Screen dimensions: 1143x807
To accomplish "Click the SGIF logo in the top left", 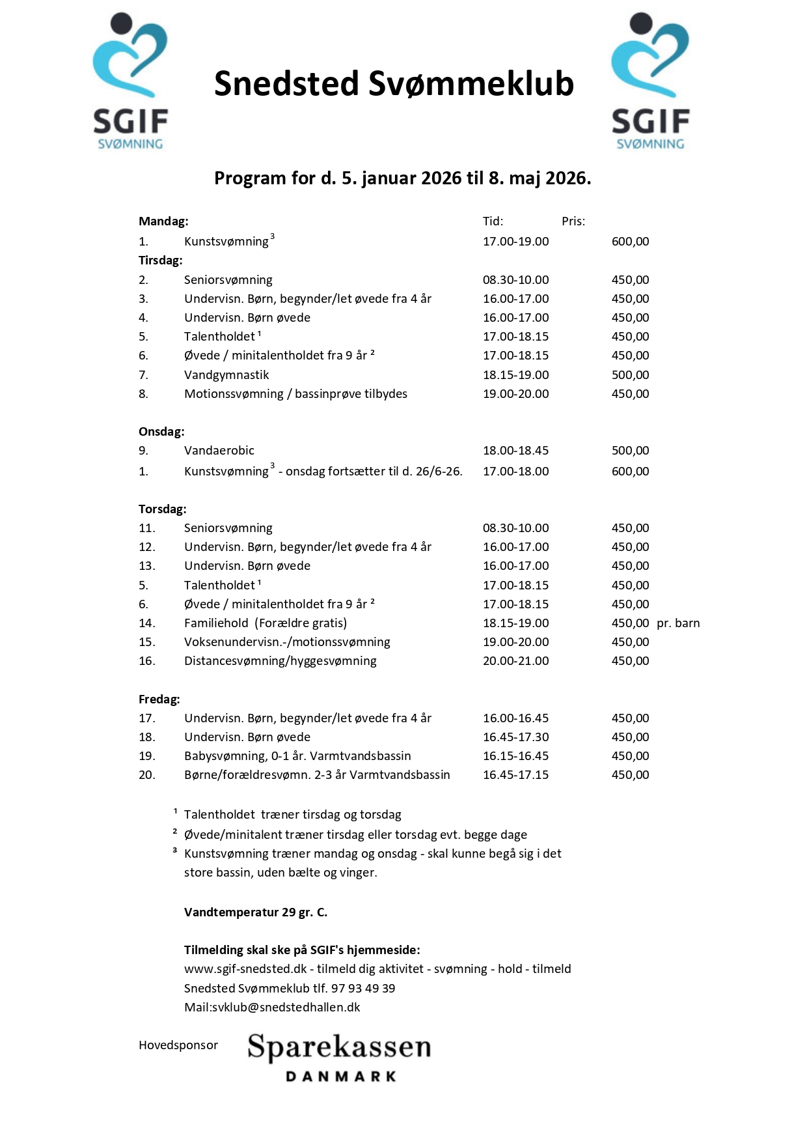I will [130, 81].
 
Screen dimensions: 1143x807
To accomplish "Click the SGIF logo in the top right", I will [650, 81].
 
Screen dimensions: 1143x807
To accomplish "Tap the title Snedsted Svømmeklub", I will [394, 84].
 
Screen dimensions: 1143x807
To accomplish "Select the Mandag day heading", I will [163, 221].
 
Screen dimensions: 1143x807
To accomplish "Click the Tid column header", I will [493, 221].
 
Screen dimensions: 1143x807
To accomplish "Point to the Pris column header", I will [573, 221].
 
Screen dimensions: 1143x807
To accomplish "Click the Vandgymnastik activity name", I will [226, 375].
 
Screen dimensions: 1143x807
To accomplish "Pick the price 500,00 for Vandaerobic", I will [630, 451].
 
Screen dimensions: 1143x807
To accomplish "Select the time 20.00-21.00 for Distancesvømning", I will [515, 661].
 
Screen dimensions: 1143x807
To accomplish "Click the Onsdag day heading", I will [161, 432].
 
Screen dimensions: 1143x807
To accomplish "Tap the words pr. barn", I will [678, 623].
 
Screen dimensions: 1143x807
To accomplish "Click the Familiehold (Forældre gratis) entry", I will [266, 623].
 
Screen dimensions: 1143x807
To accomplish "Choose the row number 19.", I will [147, 756].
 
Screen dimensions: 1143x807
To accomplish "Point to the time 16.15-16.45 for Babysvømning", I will [515, 756].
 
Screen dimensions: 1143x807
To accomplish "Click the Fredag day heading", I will [159, 699].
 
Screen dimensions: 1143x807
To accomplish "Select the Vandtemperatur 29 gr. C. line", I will [256, 912].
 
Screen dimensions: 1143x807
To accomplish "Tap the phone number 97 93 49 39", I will [363, 989].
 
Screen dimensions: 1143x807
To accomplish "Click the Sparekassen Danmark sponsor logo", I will [339, 1056].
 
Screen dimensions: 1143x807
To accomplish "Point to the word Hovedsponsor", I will [178, 1045].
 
